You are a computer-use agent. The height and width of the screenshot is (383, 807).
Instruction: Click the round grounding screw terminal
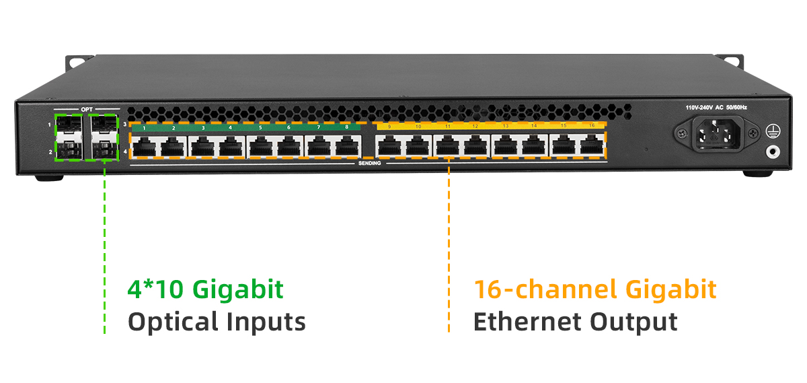[773, 152]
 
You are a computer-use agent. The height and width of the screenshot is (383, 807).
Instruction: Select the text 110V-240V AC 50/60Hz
[716, 108]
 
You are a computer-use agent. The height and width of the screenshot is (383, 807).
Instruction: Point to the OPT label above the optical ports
[87, 109]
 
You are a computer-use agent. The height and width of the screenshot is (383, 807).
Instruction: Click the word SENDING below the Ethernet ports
[369, 164]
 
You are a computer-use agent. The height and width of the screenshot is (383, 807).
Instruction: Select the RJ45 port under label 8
[347, 145]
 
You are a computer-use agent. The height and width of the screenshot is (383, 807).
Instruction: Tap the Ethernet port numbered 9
[389, 145]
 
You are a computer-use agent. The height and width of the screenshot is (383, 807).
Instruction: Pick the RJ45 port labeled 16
[592, 145]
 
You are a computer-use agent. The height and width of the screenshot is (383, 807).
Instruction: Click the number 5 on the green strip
[260, 127]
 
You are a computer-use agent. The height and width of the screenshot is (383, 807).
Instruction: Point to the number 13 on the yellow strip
[505, 126]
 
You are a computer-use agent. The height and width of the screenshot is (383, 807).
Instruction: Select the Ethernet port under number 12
[475, 145]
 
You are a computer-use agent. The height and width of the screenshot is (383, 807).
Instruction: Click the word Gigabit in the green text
[238, 289]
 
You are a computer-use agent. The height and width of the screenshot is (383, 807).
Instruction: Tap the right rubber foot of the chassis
[757, 174]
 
